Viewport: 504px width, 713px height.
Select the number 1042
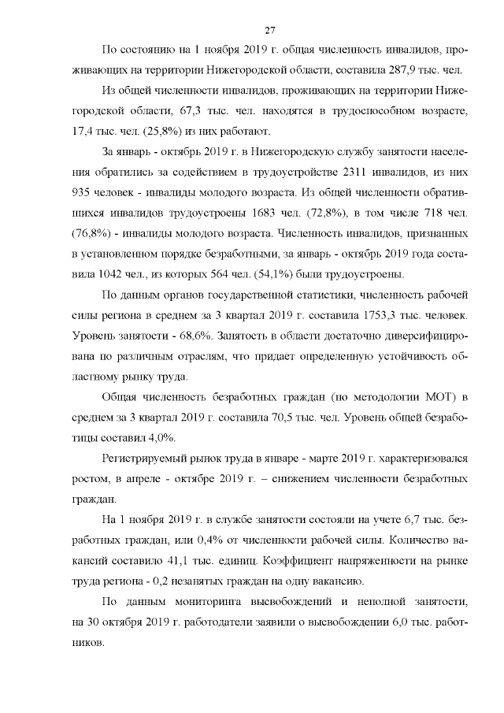click(109, 275)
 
